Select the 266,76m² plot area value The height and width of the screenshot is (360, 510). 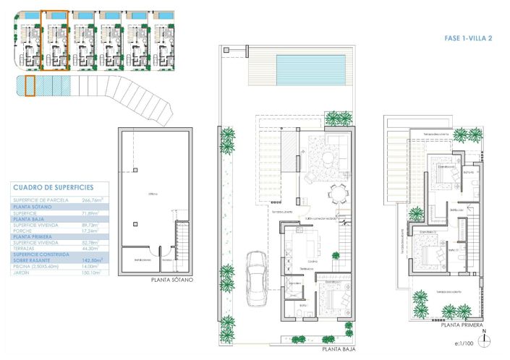(93, 200)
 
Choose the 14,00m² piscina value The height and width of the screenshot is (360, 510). (92, 267)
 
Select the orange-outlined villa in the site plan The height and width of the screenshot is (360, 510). (55, 40)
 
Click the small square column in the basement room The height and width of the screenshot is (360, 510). (135, 171)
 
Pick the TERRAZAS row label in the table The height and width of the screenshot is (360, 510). (27, 248)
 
